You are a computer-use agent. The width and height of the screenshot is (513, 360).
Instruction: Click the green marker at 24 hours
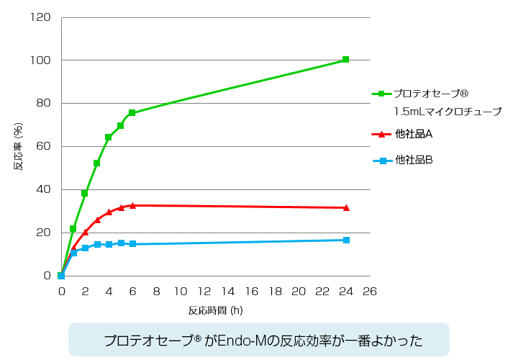[x=346, y=60]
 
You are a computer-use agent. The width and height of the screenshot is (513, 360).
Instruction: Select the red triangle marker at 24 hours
[x=346, y=207]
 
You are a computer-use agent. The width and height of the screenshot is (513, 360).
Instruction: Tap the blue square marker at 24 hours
[x=346, y=240]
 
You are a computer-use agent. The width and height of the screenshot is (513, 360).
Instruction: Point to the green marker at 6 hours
[x=132, y=113]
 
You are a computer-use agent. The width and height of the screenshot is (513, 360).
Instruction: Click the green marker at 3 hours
[x=96, y=163]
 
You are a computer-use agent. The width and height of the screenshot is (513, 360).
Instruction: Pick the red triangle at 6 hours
[x=132, y=205]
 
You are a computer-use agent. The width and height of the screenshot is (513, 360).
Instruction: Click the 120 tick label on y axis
[x=40, y=17]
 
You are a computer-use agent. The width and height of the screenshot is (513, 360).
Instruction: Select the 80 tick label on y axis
[x=43, y=103]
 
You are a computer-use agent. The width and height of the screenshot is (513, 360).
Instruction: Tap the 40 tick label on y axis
[x=43, y=189]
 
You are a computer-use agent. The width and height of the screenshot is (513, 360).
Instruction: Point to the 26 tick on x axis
[x=370, y=292]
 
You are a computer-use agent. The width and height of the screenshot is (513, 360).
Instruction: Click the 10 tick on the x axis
[x=180, y=292]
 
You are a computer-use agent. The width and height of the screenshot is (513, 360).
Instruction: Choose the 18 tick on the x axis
[x=275, y=292]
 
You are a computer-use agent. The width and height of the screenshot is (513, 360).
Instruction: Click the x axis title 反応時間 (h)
[x=215, y=311]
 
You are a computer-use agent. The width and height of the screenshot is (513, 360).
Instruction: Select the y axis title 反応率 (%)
[x=19, y=146]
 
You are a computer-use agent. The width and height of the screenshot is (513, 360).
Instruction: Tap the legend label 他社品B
[x=413, y=160]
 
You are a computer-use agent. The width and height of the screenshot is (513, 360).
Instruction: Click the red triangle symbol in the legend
[x=381, y=135]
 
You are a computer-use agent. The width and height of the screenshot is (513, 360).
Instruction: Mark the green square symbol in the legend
[x=381, y=94]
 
